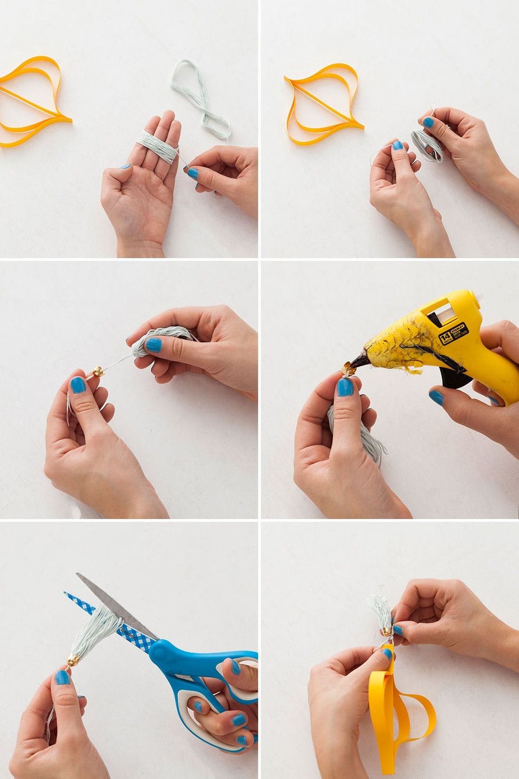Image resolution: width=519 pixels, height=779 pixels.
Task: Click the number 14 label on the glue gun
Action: (444, 337)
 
